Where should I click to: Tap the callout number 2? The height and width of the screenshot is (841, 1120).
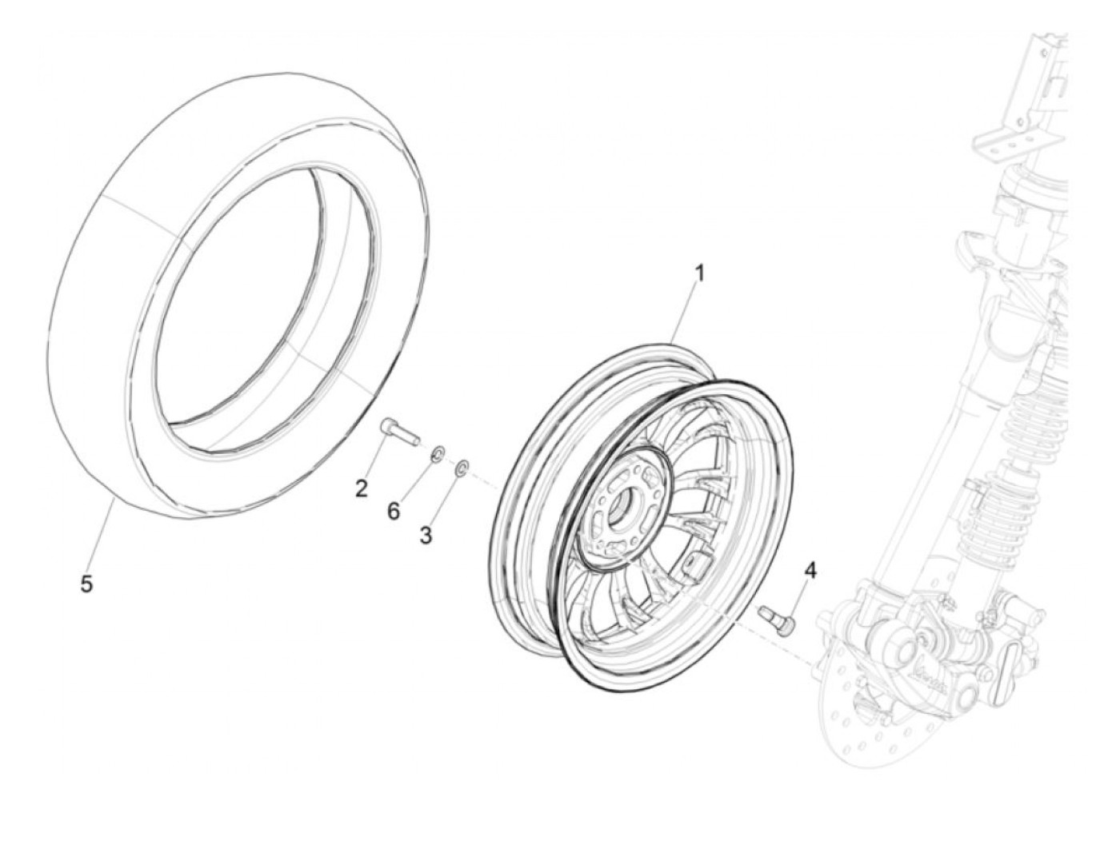[x=362, y=488]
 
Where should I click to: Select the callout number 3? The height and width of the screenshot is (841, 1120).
[x=426, y=536]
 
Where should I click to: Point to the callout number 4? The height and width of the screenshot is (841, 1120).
[x=810, y=570]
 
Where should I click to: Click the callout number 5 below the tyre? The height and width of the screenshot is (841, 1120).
[x=86, y=584]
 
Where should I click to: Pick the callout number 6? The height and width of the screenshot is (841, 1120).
[x=393, y=511]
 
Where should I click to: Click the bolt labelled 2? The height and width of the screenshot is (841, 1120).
[x=398, y=432]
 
